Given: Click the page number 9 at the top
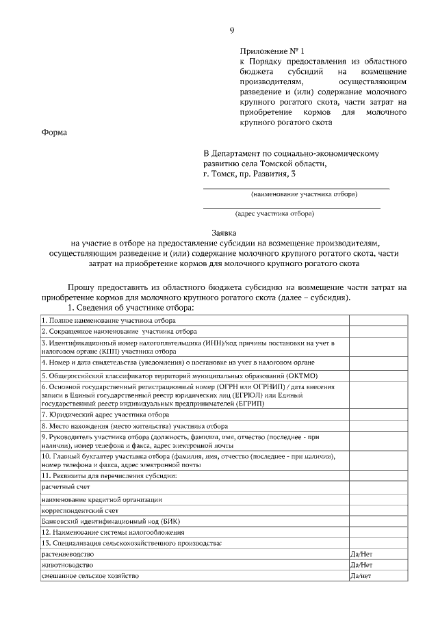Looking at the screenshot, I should [x=231, y=30].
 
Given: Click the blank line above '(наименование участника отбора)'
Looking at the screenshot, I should [x=296, y=186].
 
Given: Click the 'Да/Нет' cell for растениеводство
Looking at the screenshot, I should [x=361, y=554].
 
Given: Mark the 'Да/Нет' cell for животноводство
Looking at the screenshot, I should [x=361, y=566].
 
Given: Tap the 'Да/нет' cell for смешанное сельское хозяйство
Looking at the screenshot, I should [x=361, y=577].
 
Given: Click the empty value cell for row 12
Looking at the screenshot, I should [x=378, y=532].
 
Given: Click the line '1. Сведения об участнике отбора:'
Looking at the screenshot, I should [x=131, y=307].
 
